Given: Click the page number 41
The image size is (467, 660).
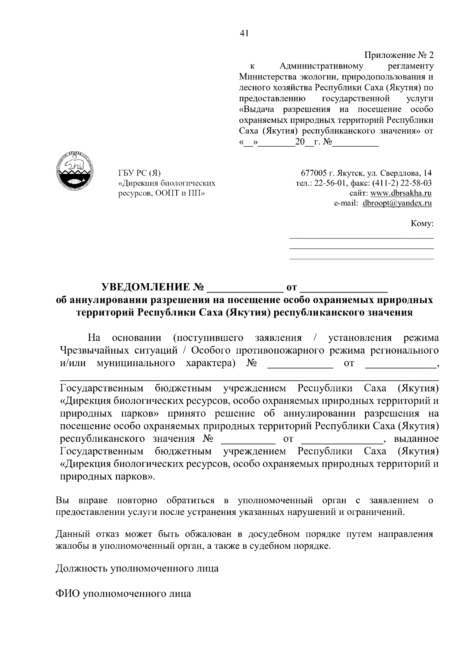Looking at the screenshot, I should [244, 33].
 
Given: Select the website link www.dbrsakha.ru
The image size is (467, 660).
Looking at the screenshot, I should [401, 193].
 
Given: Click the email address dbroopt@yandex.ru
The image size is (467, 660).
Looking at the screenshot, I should [397, 203].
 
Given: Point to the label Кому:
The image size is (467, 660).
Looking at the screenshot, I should [422, 224].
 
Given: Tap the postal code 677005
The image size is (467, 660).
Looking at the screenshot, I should [314, 173].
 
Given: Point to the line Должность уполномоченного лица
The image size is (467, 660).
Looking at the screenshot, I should [137, 569].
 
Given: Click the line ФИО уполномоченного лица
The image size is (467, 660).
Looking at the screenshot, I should [123, 594].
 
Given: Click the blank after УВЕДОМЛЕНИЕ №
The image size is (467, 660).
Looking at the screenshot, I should [245, 289].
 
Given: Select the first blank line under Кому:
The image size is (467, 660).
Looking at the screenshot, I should [362, 237].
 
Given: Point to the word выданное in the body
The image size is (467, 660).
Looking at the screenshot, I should [416, 439].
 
